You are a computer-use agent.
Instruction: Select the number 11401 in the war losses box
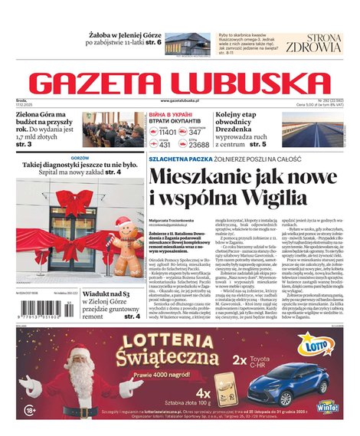pos(167,131)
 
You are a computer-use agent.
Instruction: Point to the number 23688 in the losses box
pos(198,143)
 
